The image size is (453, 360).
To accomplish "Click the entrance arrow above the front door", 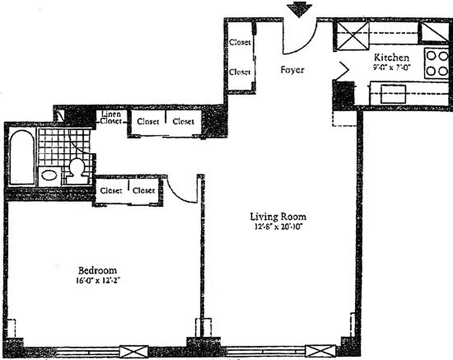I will point(300,9).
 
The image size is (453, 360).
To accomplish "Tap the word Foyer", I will point(292,70).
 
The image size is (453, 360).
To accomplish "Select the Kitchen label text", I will point(392,57).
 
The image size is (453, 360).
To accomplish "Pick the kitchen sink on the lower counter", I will point(393,94).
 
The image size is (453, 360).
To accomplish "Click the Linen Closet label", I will point(110,117).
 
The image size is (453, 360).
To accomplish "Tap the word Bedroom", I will point(97,270).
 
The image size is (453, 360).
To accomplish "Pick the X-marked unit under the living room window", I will point(320,351).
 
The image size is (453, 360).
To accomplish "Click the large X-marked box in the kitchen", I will point(353,36).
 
